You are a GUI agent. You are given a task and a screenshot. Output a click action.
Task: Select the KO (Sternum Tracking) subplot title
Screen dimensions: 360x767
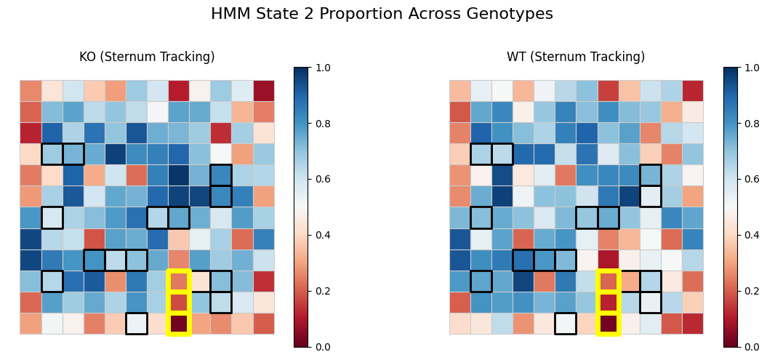(147, 57)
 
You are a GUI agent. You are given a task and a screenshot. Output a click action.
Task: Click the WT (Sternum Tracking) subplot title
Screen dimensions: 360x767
(576, 57)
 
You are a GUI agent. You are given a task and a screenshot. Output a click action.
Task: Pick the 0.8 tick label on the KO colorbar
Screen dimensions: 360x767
(321, 124)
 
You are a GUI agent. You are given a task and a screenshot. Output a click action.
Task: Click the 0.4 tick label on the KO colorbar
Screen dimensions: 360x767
(321, 235)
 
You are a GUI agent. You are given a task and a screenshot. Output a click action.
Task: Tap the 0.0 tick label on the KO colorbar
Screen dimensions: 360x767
(321, 347)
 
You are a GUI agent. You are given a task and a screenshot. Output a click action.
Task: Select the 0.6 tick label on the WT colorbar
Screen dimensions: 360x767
(751, 180)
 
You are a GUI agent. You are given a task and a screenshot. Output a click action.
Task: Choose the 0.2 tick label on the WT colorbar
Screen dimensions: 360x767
(751, 291)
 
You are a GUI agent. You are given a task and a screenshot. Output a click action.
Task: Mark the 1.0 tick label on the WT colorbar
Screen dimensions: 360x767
(751, 68)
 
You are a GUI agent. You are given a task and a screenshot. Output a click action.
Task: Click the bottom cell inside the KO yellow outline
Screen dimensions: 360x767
(178, 324)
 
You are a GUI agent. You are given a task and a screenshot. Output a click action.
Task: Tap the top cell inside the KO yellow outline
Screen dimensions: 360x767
(178, 281)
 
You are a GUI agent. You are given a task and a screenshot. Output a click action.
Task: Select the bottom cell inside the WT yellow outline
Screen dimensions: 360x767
(608, 324)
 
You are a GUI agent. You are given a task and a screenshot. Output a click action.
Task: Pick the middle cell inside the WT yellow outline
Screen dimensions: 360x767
(608, 303)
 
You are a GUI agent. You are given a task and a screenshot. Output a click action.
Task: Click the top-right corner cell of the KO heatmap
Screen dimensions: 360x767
(263, 91)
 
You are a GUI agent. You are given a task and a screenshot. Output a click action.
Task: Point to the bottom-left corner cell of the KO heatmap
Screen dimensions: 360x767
(31, 324)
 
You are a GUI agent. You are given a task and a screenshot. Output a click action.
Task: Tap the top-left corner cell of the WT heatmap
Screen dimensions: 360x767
(460, 91)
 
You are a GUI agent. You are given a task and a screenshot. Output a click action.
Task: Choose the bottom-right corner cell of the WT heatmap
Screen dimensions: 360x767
(693, 324)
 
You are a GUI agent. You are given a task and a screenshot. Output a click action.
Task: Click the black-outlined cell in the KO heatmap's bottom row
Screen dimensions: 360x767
(136, 324)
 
